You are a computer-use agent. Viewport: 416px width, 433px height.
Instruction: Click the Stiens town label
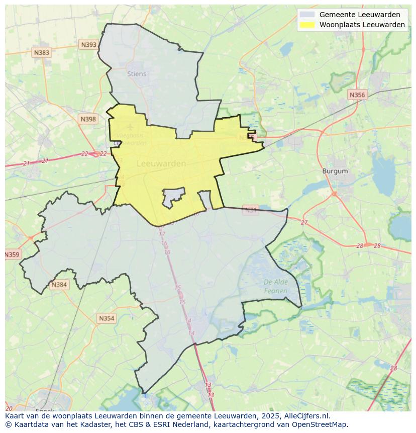pyautogui.click(x=137, y=74)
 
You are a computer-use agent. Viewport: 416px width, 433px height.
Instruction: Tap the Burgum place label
pyautogui.click(x=335, y=171)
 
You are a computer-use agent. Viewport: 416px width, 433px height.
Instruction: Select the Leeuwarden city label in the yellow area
pyautogui.click(x=161, y=163)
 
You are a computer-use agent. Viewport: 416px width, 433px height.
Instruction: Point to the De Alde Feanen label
pyautogui.click(x=276, y=286)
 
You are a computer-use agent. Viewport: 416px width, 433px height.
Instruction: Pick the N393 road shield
pyautogui.click(x=88, y=45)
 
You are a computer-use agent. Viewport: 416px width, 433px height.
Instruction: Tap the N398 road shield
pyautogui.click(x=88, y=119)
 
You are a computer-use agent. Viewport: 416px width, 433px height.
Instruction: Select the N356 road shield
pyautogui.click(x=357, y=95)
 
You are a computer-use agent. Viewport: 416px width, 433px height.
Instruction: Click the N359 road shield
pyautogui.click(x=12, y=254)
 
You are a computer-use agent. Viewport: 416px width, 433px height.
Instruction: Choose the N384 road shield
pyautogui.click(x=59, y=285)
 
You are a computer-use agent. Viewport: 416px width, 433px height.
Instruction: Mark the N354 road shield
pyautogui.click(x=107, y=318)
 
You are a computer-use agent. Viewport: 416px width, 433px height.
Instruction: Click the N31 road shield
pyautogui.click(x=250, y=209)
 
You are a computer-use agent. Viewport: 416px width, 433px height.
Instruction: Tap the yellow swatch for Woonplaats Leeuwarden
pyautogui.click(x=307, y=25)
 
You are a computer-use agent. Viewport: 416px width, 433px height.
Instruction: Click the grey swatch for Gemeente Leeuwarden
pyautogui.click(x=307, y=15)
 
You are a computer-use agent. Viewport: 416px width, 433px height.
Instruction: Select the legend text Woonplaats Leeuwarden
pyautogui.click(x=362, y=25)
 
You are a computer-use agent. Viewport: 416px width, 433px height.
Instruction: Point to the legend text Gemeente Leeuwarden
pyautogui.click(x=360, y=15)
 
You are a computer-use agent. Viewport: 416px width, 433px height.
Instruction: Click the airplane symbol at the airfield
pyautogui.click(x=131, y=127)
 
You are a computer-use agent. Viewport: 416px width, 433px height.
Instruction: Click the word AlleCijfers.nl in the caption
pyautogui.click(x=305, y=416)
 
